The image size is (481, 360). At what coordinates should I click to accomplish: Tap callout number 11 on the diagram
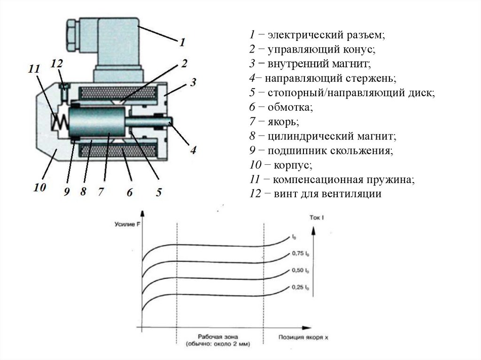pos(34,69)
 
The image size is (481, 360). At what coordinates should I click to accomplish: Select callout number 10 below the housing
pos(39,188)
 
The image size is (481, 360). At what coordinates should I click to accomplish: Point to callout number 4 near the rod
pos(193,150)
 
